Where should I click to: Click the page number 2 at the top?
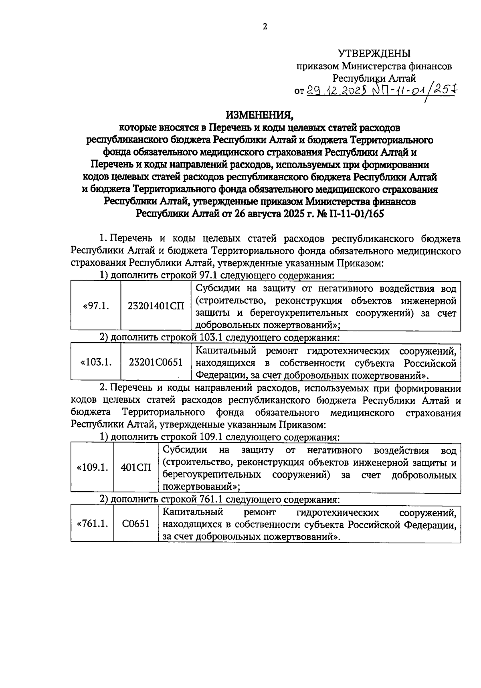265,27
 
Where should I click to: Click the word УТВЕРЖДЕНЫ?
374,53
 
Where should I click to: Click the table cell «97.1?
96,306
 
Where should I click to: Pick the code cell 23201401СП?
156,306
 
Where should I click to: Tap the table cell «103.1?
96,362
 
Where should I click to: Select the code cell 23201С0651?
156,362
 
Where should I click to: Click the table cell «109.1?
93,468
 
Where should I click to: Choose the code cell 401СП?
136,468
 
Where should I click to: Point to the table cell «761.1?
93,523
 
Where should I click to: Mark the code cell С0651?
136,523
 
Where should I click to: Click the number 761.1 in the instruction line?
211,500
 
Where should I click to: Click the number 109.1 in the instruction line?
211,437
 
